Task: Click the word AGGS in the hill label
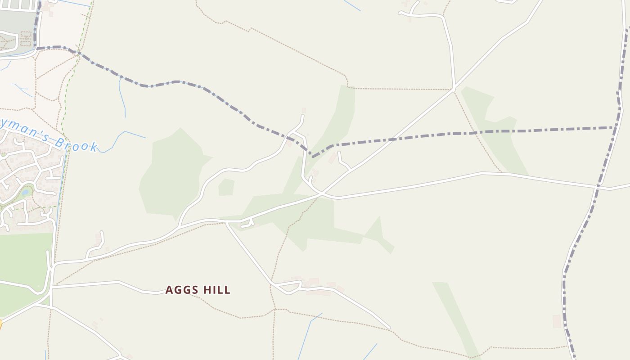182,290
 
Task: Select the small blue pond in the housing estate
26,192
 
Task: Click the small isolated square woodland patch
226,187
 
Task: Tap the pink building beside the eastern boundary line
557,321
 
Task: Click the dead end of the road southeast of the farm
389,328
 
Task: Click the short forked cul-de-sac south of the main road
247,223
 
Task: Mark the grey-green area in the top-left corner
16,20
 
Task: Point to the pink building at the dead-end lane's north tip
304,110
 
